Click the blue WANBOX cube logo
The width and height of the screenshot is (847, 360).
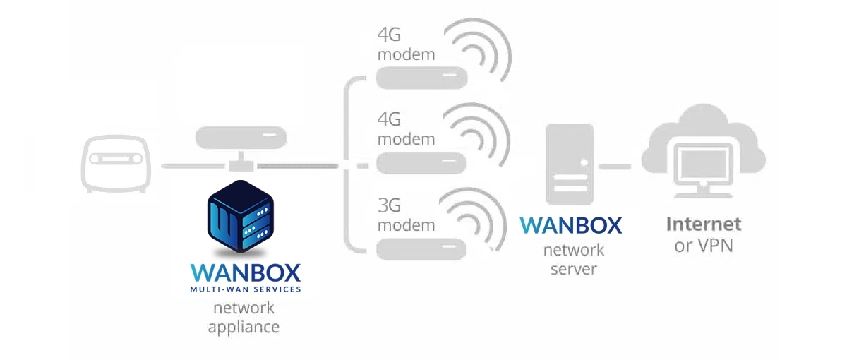pos(241,216)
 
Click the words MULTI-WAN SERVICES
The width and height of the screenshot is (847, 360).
pos(246,289)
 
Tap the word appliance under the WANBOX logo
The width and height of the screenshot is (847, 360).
pos(244,328)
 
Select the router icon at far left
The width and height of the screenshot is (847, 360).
pos(116,164)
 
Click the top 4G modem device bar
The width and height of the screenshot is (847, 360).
pos(421,78)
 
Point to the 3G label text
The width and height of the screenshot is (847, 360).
pos(389,205)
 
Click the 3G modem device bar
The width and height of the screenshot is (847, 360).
pos(421,249)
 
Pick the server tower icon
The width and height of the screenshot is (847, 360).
pos(570,164)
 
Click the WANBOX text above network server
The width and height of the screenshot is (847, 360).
pos(571,225)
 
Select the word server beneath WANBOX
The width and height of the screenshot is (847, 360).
pos(574,269)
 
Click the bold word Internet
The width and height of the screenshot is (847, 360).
pos(704,224)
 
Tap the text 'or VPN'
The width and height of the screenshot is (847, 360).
pos(704,246)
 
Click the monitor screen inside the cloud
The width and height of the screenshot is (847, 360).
pos(704,165)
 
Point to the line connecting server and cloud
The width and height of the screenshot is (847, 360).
pos(615,167)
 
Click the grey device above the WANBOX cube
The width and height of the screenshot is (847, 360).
pos(241,138)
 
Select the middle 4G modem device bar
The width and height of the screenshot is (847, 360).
pos(421,163)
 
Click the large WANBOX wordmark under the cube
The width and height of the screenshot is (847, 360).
pos(246,273)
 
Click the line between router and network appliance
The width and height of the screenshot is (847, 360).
pos(193,166)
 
